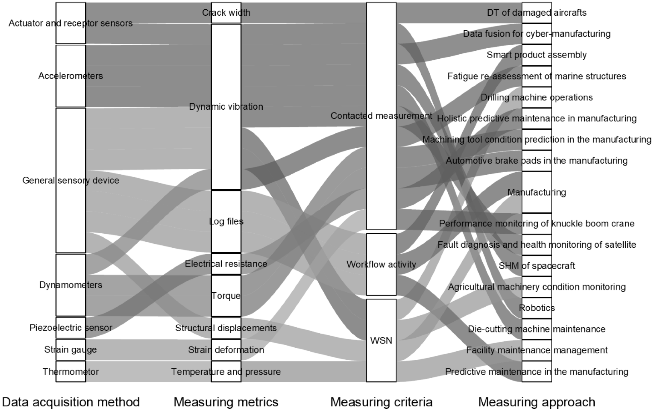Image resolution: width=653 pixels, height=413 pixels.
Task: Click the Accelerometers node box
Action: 71,76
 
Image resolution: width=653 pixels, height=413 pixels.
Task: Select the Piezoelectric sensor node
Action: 71,328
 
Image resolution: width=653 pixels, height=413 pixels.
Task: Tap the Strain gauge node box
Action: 71,350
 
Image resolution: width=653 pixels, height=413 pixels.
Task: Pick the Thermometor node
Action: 71,372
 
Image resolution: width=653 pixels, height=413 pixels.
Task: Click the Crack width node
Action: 226,13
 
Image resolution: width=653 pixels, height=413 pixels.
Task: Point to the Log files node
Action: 226,222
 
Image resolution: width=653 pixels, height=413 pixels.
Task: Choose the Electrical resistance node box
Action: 226,264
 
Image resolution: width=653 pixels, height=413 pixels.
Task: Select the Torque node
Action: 226,296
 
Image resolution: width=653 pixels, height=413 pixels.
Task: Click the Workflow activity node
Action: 381,264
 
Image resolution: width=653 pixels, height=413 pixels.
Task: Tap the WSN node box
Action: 381,340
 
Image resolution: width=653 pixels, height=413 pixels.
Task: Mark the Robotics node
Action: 537,308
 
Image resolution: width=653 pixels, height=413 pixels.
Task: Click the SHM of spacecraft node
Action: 537,266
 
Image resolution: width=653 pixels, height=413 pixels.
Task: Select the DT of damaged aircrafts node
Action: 537,13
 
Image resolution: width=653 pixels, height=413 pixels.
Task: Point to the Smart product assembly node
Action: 537,55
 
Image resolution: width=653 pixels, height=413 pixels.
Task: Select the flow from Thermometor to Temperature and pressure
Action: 149,372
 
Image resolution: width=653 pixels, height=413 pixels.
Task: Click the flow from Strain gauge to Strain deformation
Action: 149,350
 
